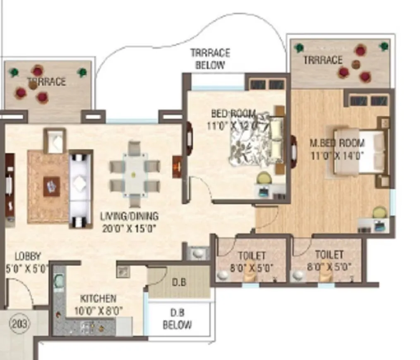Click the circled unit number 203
(x=19, y=324)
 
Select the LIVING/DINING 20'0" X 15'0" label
(x=130, y=222)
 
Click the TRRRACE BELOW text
(x=210, y=59)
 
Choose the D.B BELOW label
(x=177, y=319)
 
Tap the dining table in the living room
(x=134, y=174)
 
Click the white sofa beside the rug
(x=80, y=188)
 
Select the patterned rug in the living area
(x=48, y=187)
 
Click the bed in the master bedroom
(x=360, y=152)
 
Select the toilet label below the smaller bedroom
(x=252, y=261)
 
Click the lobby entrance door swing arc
(x=21, y=290)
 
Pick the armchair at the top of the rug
(x=55, y=141)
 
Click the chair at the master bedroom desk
(x=379, y=213)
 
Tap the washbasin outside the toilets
(x=198, y=252)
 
